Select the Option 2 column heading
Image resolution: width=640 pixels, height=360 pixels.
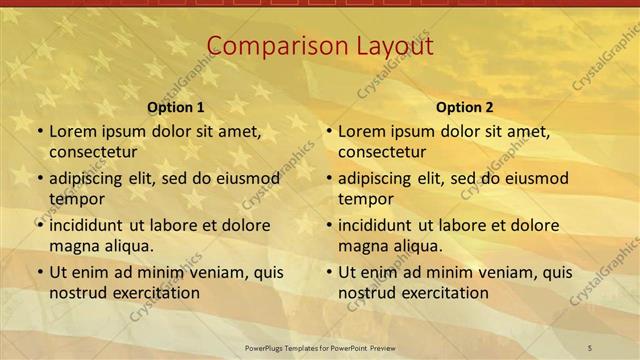click(x=464, y=107)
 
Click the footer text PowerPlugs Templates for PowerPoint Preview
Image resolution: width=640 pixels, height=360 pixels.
click(x=319, y=347)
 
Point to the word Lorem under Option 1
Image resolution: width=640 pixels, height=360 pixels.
click(x=73, y=131)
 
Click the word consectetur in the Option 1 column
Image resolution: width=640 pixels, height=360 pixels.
click(x=93, y=152)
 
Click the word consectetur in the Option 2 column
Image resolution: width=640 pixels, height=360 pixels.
click(x=382, y=152)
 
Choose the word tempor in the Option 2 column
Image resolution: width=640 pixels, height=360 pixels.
click(x=365, y=198)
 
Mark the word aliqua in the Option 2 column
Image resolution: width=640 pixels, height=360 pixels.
click(x=419, y=245)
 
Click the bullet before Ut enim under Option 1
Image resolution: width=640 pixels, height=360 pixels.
click(x=39, y=272)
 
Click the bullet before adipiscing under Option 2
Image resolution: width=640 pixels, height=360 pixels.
click(x=328, y=179)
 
